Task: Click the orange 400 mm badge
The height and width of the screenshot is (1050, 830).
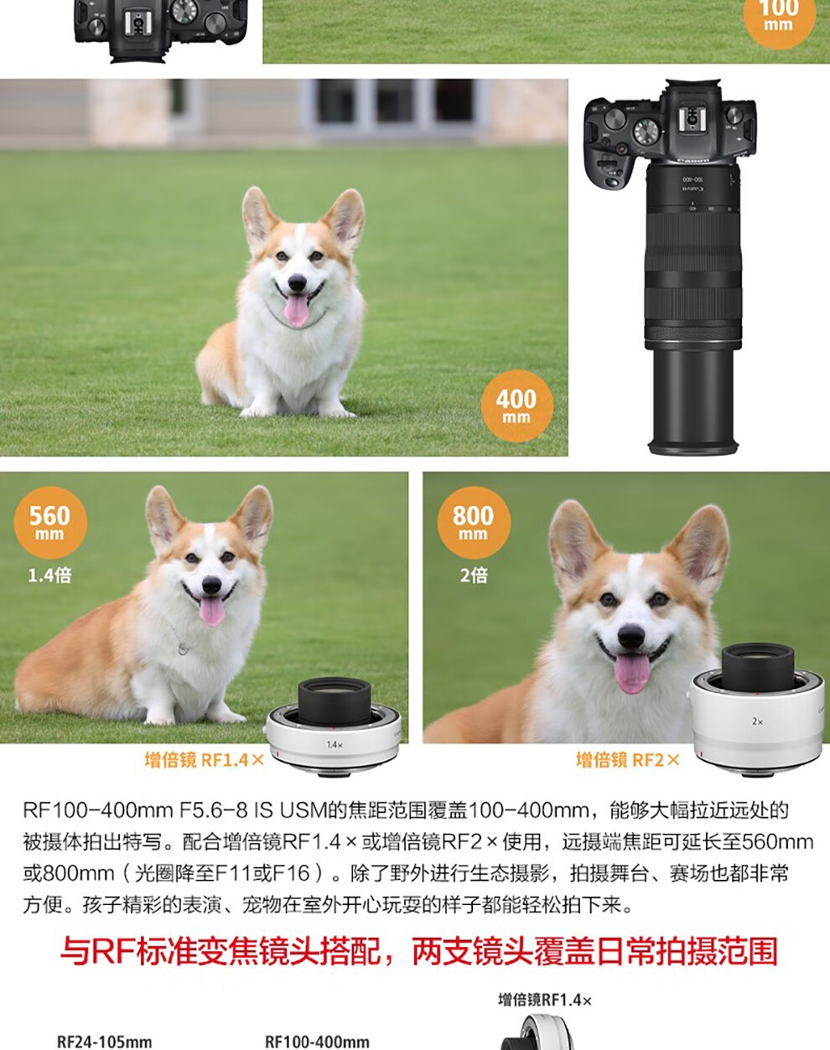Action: point(516,406)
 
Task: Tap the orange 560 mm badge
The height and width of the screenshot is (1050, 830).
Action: point(50,523)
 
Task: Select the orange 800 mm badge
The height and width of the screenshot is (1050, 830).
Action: point(474,523)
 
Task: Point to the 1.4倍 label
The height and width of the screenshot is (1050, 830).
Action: point(49,575)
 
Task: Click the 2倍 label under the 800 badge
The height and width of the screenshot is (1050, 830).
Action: point(474,575)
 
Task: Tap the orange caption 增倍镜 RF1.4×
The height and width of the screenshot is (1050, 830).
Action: point(204,760)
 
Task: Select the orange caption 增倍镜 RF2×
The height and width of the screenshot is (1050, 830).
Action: point(628,760)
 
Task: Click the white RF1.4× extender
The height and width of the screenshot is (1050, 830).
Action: point(334,727)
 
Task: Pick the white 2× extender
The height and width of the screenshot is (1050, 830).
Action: point(757,710)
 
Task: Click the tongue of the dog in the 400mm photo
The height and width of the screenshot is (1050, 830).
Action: point(296,309)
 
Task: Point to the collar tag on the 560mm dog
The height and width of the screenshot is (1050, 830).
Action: point(183,649)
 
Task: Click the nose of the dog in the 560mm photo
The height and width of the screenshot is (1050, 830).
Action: point(211,584)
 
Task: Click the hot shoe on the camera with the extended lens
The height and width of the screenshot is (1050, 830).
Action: point(692,118)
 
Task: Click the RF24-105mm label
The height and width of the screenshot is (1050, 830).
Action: point(105,1042)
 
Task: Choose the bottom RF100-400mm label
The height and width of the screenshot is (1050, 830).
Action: point(317,1042)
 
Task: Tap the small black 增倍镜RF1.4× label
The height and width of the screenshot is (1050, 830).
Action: point(545,1000)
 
